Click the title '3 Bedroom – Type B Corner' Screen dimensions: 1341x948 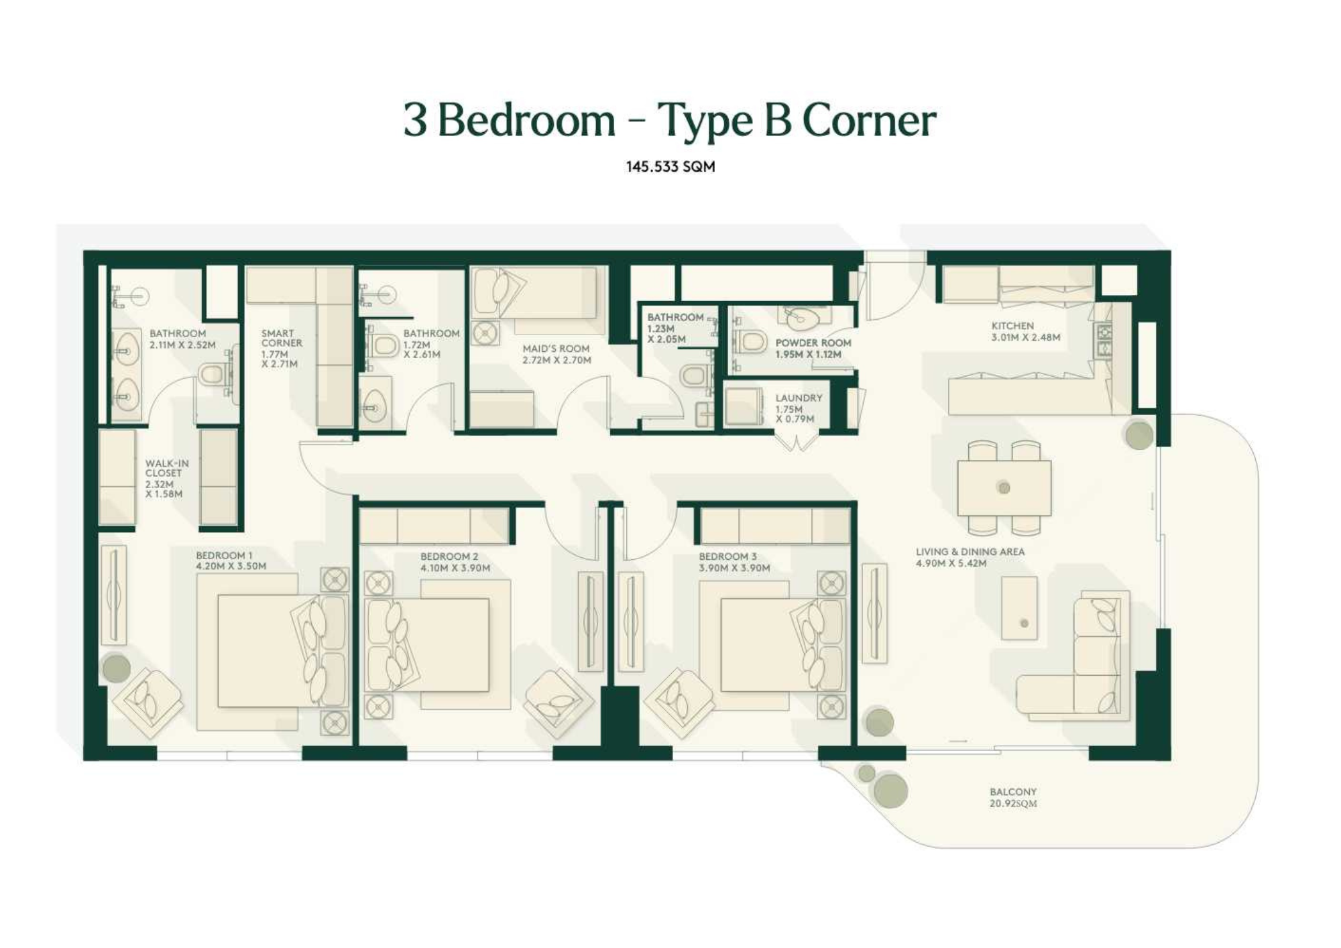click(670, 121)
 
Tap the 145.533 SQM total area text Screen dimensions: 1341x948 click(670, 166)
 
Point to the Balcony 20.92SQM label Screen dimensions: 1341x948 click(1013, 798)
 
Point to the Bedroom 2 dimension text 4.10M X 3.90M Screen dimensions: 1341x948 click(455, 568)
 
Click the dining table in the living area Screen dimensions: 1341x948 click(1004, 487)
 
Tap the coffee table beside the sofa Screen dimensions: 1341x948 click(1019, 608)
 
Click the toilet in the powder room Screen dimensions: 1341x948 click(752, 343)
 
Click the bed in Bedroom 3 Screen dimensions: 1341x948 click(771, 645)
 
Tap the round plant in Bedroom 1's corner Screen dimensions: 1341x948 click(116, 668)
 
